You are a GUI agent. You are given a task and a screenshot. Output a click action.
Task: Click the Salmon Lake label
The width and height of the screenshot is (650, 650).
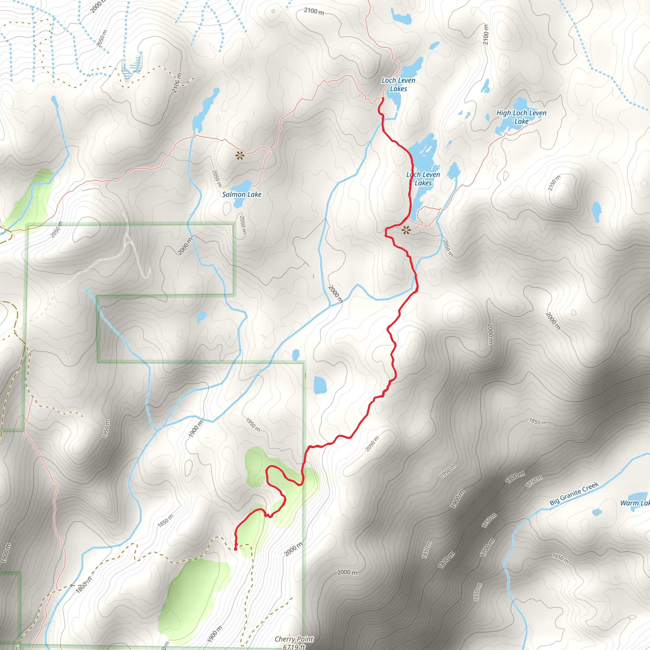pos(242,195)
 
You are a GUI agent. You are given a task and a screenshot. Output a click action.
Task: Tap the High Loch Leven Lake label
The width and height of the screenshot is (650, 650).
pos(521,117)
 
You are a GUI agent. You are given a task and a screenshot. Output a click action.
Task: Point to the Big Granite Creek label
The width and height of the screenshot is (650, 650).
pos(574,494)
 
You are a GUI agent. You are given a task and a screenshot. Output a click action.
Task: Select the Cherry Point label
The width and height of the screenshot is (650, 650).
pos(294,639)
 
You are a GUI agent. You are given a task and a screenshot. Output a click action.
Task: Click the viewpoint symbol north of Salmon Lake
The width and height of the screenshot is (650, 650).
pos(239,156)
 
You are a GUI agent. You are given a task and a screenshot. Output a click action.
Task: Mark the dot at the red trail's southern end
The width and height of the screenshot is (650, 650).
pos(235,549)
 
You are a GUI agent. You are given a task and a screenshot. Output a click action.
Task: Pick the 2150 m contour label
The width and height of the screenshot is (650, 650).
pos(554,183)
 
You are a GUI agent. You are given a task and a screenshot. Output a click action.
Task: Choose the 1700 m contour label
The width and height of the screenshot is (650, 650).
pos(487,547)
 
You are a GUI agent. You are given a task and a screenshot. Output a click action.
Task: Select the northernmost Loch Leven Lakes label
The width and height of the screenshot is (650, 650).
pos(398,84)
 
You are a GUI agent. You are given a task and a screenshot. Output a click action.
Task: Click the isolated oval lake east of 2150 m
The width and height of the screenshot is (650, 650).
pos(596,212)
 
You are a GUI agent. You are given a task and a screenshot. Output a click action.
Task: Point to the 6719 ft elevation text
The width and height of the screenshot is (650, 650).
pos(294,647)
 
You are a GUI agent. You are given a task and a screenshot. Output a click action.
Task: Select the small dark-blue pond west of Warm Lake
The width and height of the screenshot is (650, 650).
pos(597,512)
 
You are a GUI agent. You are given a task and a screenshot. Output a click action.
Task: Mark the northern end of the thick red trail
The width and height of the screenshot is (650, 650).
pos(383,98)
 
